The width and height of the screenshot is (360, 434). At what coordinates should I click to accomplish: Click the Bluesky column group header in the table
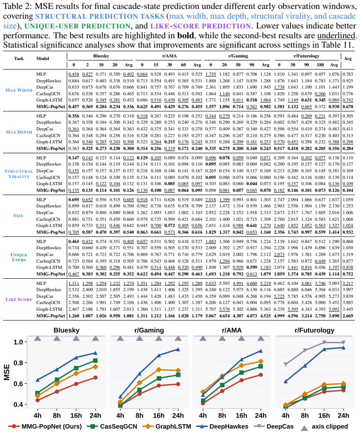click(x=101, y=56)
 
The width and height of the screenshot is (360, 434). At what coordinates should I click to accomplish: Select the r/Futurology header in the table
click(x=306, y=56)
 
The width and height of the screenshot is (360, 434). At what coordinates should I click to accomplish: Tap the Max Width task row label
click(x=19, y=90)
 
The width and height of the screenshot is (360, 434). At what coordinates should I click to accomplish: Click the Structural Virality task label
click(x=19, y=174)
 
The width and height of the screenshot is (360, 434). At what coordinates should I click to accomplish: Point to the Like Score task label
click(x=19, y=299)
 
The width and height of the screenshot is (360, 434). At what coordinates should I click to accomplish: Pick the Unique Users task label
click(x=19, y=257)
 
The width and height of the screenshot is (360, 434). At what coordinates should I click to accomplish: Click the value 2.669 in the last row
click(x=348, y=316)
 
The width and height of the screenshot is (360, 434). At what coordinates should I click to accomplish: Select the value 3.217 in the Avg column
click(x=348, y=284)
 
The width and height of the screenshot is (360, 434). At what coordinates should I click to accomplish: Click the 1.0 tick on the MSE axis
click(x=18, y=342)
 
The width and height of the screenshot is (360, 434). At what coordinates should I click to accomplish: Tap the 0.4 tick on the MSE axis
click(x=18, y=405)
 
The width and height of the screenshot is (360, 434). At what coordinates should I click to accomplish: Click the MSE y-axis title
click(x=7, y=372)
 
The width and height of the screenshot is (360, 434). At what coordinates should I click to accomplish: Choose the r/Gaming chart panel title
click(x=149, y=330)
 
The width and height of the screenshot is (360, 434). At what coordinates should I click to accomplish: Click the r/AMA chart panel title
click(x=232, y=330)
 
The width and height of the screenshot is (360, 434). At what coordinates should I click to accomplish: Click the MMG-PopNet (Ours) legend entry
click(x=45, y=426)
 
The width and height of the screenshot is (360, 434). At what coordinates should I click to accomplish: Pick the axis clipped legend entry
click(x=324, y=427)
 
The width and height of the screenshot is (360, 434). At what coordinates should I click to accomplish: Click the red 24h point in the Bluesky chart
click(x=95, y=377)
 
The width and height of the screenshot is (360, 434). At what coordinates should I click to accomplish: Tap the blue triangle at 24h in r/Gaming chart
click(x=178, y=349)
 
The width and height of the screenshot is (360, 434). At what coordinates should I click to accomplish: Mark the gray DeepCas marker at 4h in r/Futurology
click(x=286, y=364)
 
